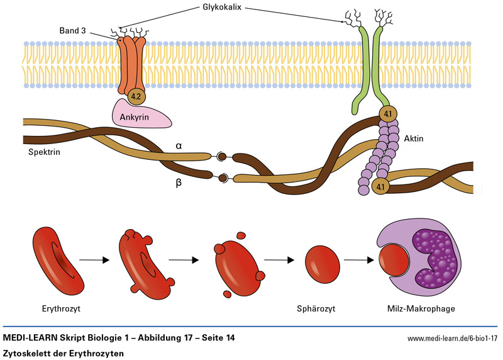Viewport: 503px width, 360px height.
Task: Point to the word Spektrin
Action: [x=45, y=152]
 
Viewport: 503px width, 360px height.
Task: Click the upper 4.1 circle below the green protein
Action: [x=387, y=115]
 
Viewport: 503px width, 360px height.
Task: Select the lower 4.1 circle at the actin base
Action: [x=380, y=186]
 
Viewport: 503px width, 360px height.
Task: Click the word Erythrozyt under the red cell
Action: [x=61, y=308]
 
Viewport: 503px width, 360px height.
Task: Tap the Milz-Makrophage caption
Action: [x=421, y=308]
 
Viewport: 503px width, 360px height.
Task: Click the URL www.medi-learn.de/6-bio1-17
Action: [x=452, y=339]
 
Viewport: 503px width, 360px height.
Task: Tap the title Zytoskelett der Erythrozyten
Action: [x=64, y=353]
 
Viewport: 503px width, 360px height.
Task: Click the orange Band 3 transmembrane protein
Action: [x=130, y=63]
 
